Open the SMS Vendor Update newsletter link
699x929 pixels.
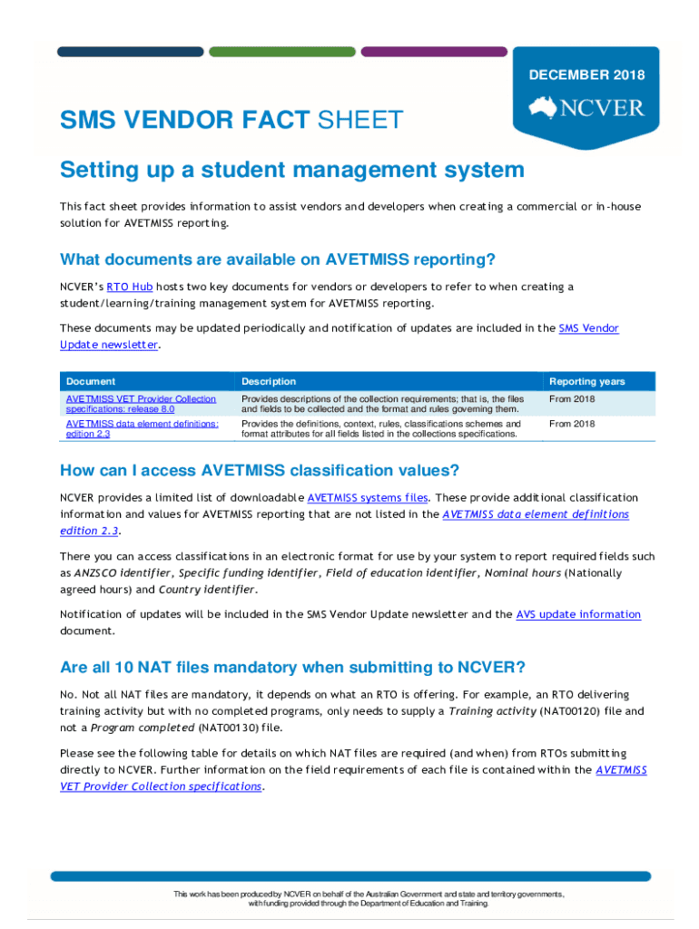(x=588, y=328)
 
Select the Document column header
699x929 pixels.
(x=91, y=381)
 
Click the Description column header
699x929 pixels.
(x=269, y=381)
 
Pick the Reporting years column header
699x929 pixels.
(x=586, y=381)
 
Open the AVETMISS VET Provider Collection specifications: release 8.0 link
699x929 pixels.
(x=141, y=404)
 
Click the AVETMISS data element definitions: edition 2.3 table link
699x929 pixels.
(x=142, y=428)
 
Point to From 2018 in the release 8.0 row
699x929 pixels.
(x=572, y=399)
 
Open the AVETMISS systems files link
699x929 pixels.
(x=367, y=497)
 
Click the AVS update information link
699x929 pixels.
(x=578, y=614)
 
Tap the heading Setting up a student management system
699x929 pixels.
(x=291, y=170)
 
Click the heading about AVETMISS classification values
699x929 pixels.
(x=260, y=470)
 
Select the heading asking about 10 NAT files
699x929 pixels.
(x=292, y=668)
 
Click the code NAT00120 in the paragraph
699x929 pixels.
(x=567, y=711)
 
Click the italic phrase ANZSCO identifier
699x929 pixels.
(x=123, y=572)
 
